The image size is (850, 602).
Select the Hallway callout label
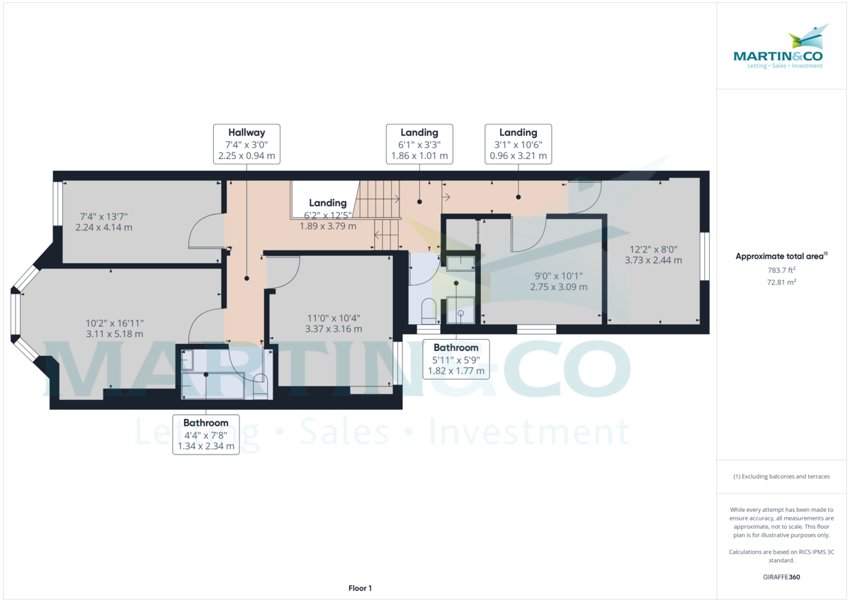[x=246, y=144]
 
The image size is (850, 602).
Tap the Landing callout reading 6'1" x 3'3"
[x=419, y=144]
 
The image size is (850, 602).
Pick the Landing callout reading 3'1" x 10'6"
[x=518, y=144]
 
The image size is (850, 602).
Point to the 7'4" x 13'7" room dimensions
[x=104, y=222]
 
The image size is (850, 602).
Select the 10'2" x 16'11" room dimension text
[x=114, y=328]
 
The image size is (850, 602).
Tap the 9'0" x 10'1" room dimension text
[x=560, y=282]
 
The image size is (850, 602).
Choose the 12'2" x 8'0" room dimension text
[x=653, y=255]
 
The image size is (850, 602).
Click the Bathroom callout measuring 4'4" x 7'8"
[x=205, y=435]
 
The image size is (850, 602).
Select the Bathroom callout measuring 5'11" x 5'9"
[x=456, y=359]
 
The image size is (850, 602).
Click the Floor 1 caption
[x=360, y=588]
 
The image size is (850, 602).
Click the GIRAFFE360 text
[x=781, y=577]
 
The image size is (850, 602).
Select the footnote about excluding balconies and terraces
[x=781, y=476]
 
